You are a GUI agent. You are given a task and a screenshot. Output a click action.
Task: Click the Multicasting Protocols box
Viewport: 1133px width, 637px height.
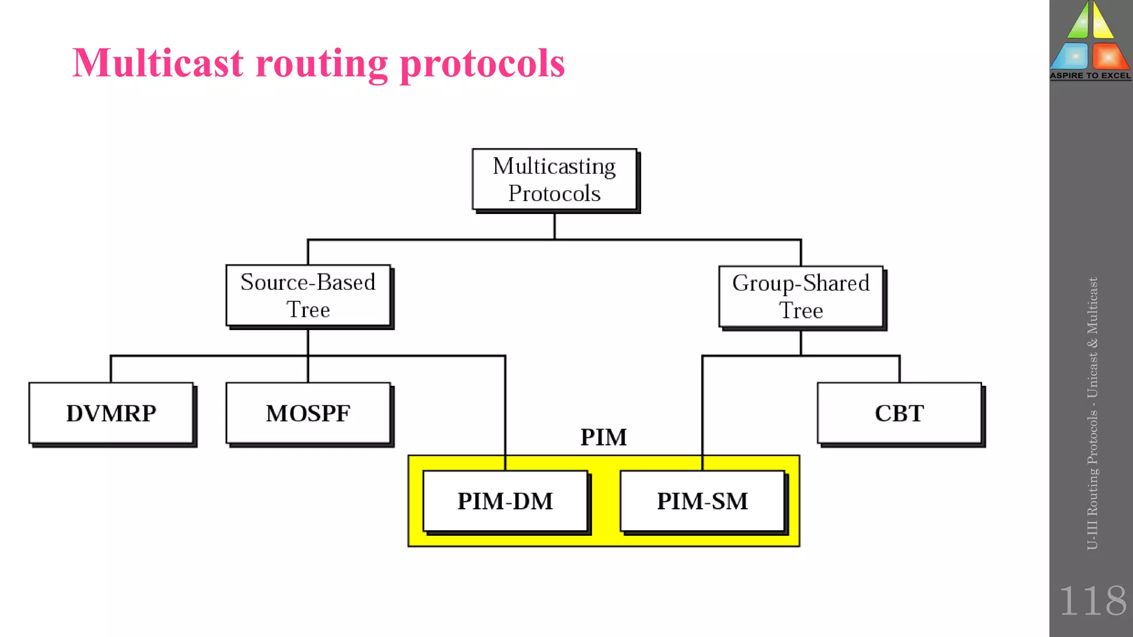[x=554, y=179]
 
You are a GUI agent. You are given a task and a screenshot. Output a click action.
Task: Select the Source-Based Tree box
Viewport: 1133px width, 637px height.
[x=308, y=295]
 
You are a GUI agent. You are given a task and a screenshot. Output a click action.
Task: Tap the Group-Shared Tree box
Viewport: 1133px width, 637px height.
[x=801, y=296]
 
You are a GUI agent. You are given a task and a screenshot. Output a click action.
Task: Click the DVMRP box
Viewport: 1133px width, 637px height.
[x=111, y=413]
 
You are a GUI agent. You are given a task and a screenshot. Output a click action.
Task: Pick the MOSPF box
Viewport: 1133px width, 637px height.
[x=308, y=413]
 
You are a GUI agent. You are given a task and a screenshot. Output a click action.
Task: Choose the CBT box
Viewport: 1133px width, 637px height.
[x=899, y=413]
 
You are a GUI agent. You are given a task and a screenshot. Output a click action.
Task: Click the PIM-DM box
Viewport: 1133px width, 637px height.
[x=505, y=501]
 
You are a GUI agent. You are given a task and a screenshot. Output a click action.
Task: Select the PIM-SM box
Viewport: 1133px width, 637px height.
[x=702, y=501]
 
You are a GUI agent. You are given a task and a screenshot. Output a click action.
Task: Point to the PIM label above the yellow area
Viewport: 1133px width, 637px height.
[x=603, y=437]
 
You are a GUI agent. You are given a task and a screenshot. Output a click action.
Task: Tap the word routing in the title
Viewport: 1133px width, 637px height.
[x=322, y=64]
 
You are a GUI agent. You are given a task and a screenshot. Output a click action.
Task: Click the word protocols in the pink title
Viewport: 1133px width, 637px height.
[x=482, y=64]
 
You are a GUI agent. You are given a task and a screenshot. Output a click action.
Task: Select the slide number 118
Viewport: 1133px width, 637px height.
[x=1092, y=601]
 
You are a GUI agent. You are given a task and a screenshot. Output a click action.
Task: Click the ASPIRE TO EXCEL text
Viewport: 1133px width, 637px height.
[x=1090, y=76]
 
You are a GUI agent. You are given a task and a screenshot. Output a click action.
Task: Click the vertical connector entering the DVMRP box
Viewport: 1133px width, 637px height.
[x=111, y=369]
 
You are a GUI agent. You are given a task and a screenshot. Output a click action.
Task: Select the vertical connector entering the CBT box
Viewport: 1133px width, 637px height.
[x=899, y=369]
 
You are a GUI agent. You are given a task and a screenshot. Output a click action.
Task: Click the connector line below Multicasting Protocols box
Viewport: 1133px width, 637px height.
[x=554, y=226]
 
